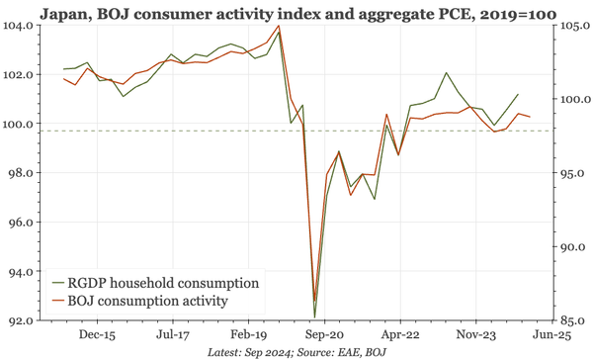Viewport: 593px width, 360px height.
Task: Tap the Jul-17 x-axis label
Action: (173, 336)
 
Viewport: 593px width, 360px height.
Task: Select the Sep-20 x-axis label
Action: (323, 336)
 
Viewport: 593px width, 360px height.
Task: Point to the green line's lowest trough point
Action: (314, 317)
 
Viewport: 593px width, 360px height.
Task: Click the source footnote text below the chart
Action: (296, 352)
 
